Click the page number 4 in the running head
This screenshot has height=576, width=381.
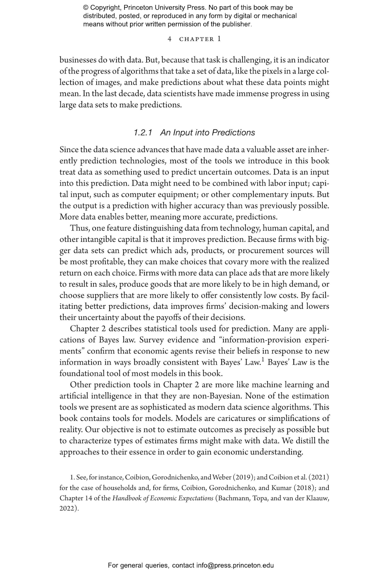[x=169, y=39]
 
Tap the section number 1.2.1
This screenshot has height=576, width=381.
[x=143, y=132]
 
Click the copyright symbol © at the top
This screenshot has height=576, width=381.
[x=85, y=8]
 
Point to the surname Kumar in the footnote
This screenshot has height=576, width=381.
[x=281, y=488]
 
